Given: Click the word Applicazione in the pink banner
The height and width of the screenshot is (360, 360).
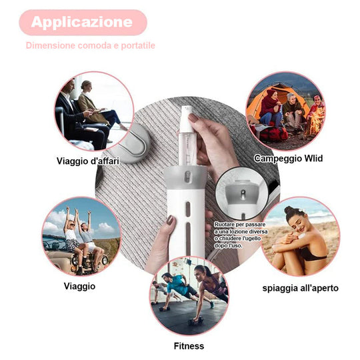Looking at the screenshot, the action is pyautogui.click(x=82, y=22).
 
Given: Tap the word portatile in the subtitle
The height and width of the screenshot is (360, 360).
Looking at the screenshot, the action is pyautogui.click(x=138, y=45).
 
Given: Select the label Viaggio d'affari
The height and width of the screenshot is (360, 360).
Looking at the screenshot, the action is pyautogui.click(x=88, y=161).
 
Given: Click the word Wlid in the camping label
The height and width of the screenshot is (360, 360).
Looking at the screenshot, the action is pyautogui.click(x=313, y=158).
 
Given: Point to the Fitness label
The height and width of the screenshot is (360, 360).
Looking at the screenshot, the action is pyautogui.click(x=189, y=346).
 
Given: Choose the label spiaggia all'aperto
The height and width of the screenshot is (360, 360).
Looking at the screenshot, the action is pyautogui.click(x=300, y=288).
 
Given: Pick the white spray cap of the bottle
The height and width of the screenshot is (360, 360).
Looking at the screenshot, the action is pyautogui.click(x=186, y=119).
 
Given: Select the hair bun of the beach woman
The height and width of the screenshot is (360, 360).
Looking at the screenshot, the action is pyautogui.click(x=289, y=209).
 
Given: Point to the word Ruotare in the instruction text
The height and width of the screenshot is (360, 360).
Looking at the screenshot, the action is pyautogui.click(x=224, y=224).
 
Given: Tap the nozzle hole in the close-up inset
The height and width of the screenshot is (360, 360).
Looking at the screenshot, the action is pyautogui.click(x=243, y=192).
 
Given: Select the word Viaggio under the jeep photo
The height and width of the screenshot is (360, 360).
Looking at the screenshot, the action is pyautogui.click(x=79, y=286).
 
